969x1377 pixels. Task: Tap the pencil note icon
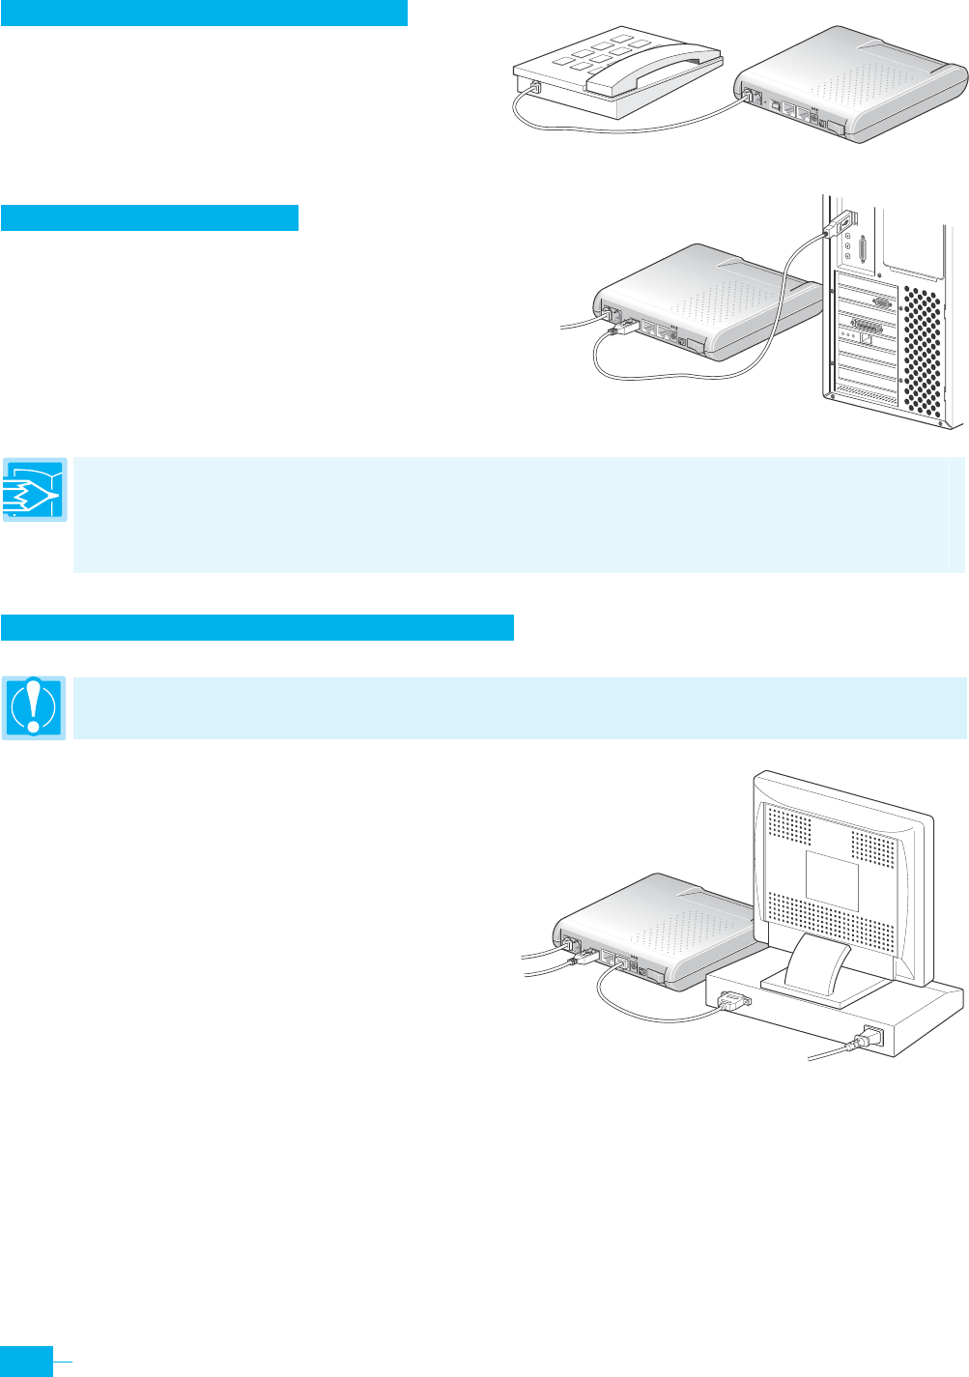(35, 490)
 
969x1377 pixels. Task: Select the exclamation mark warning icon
(34, 707)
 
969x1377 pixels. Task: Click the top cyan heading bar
(204, 13)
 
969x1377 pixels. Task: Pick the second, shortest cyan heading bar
(150, 217)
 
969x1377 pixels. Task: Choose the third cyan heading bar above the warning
(257, 626)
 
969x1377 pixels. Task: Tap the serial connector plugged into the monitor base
(733, 1001)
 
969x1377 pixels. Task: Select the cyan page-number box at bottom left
(26, 1360)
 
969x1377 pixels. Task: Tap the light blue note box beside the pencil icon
(519, 514)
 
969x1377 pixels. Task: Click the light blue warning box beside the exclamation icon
(519, 708)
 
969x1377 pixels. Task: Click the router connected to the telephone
(850, 82)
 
